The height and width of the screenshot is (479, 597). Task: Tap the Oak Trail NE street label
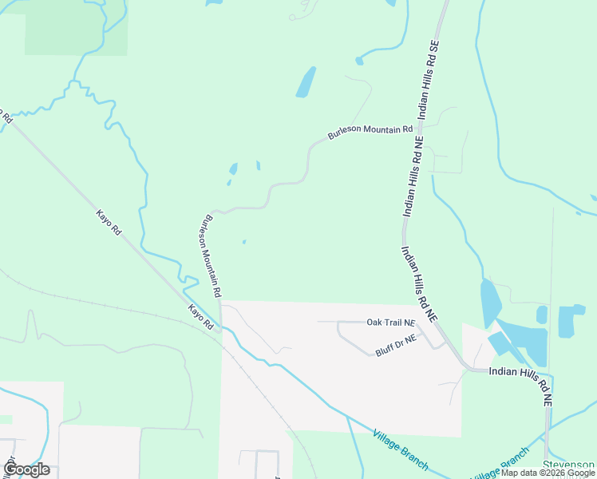391,323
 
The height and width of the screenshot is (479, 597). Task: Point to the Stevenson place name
568,464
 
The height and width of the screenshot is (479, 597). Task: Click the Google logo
26,469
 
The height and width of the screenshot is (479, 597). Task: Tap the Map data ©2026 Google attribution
548,473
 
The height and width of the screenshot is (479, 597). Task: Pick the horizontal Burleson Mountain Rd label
370,133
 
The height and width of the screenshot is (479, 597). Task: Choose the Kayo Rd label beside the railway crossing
202,317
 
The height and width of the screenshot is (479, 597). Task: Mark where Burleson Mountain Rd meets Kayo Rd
221,327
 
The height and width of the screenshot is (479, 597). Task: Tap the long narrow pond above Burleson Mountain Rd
306,82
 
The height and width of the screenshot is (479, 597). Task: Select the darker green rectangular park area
76,28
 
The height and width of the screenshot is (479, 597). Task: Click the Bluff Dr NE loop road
351,342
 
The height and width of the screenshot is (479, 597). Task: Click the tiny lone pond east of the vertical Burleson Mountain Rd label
243,242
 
